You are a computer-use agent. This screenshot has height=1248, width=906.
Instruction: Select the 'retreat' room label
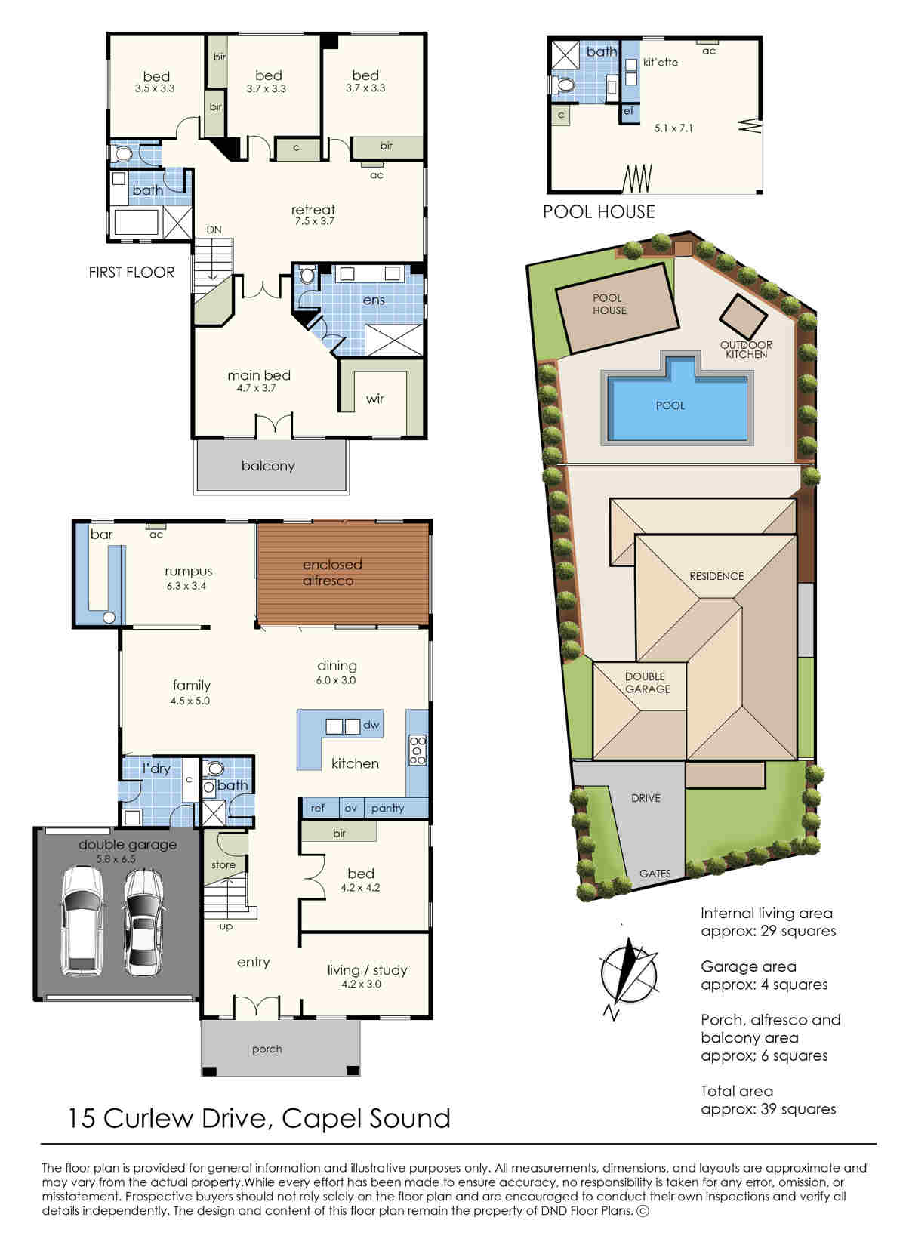pyautogui.click(x=313, y=210)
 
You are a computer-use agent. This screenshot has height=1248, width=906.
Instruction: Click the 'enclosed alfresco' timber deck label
pyautogui.click(x=332, y=572)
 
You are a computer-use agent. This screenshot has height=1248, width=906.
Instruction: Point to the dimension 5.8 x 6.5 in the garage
pyautogui.click(x=116, y=859)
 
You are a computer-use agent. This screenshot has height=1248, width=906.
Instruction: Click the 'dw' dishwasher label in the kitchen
pyautogui.click(x=371, y=725)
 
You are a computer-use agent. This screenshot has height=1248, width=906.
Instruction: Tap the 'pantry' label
pyautogui.click(x=387, y=808)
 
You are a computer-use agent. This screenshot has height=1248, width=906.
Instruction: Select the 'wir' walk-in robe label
pyautogui.click(x=375, y=399)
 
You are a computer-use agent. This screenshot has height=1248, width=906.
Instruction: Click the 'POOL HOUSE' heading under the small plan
pyautogui.click(x=599, y=211)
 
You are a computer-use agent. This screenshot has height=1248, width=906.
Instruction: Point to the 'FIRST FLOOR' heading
pyautogui.click(x=131, y=273)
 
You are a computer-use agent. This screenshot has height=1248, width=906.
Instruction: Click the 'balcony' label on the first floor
pyautogui.click(x=268, y=466)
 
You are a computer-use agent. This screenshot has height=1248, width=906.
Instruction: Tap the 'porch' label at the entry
pyautogui.click(x=267, y=1049)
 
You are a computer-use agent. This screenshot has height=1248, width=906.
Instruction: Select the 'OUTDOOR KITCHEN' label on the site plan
pyautogui.click(x=746, y=350)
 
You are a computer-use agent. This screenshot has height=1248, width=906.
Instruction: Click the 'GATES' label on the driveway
pyautogui.click(x=655, y=874)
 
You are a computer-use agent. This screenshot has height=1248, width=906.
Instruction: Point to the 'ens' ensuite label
pyautogui.click(x=374, y=300)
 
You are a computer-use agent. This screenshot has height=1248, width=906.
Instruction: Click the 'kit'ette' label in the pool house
pyautogui.click(x=661, y=62)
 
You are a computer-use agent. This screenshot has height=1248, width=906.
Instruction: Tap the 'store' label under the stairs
pyautogui.click(x=223, y=864)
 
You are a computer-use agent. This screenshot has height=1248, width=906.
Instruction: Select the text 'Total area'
pyautogui.click(x=737, y=1091)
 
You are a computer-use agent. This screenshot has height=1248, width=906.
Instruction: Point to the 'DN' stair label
pyautogui.click(x=214, y=230)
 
